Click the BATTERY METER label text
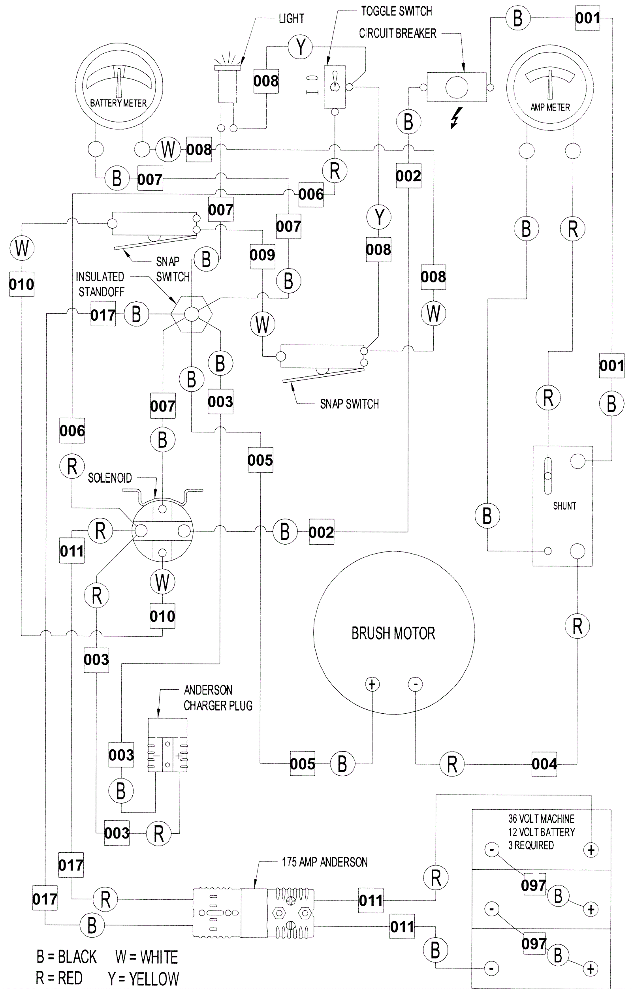(118, 103)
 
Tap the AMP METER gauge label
(550, 107)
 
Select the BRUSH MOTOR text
(393, 633)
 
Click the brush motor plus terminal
(372, 684)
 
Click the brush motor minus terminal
(415, 684)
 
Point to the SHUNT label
(564, 506)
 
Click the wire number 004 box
(544, 764)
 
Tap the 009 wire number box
(262, 255)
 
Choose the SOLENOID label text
(110, 478)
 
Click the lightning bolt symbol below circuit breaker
(456, 118)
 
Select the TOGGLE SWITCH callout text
(396, 11)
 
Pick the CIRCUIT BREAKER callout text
(397, 33)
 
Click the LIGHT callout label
(291, 19)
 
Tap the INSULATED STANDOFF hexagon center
(191, 314)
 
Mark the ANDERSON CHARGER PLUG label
(218, 698)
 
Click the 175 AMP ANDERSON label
(324, 862)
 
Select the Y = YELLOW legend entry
(143, 979)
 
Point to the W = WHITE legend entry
(147, 957)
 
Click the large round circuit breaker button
(457, 87)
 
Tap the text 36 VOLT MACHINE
(541, 819)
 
